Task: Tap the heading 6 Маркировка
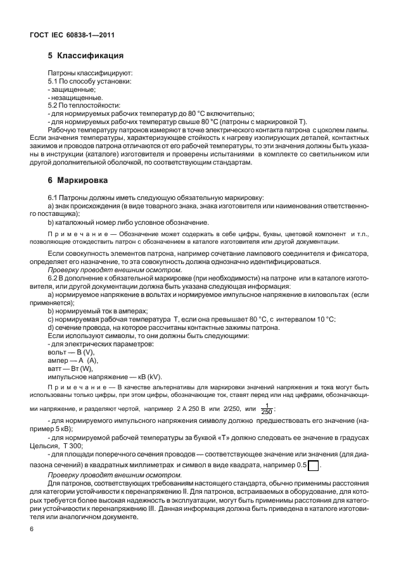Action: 79,180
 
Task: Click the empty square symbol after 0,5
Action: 312,466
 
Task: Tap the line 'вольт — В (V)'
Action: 70,351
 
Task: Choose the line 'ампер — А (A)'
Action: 72,360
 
